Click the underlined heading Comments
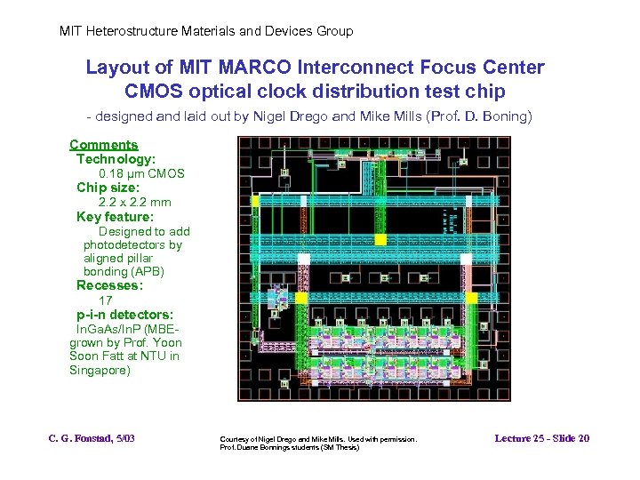click(x=103, y=145)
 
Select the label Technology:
click(x=116, y=159)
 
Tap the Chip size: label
click(x=108, y=188)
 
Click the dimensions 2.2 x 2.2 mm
click(x=134, y=202)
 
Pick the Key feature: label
click(x=115, y=216)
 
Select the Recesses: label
click(x=109, y=285)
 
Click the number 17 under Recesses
click(x=105, y=300)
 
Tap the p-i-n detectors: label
click(x=124, y=315)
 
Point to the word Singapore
click(x=100, y=370)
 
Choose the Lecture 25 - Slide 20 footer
click(x=542, y=438)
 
